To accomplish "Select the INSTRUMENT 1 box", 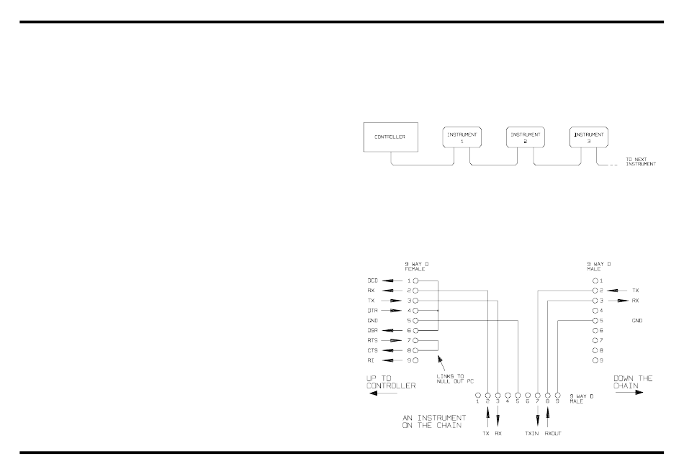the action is click(x=461, y=138).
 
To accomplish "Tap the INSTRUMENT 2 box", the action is click(x=525, y=138).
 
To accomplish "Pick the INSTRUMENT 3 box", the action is click(x=588, y=138).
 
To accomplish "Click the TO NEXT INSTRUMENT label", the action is click(x=639, y=161).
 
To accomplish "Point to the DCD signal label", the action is click(x=372, y=280).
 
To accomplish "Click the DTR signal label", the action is click(x=372, y=310).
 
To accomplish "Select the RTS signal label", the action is click(x=372, y=340).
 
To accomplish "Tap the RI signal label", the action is click(x=370, y=360).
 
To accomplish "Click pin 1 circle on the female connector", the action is click(x=415, y=280).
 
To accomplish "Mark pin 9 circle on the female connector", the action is click(x=415, y=360).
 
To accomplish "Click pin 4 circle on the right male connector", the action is click(x=595, y=310).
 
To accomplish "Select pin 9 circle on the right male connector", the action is click(x=595, y=360).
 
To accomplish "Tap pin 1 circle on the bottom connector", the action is click(x=477, y=396).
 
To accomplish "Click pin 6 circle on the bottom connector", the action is click(x=528, y=396).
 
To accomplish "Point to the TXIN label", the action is click(x=533, y=434).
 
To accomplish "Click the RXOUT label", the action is click(x=552, y=434).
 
